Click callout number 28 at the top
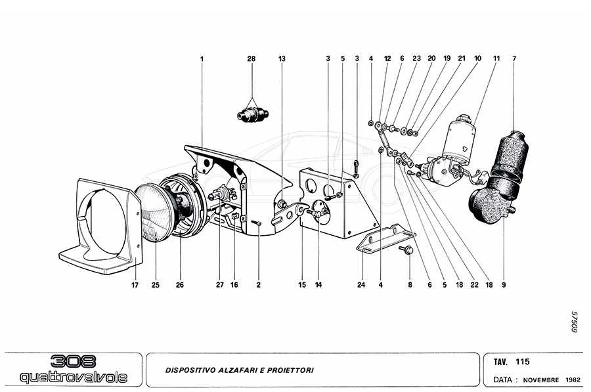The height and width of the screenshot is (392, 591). (251, 58)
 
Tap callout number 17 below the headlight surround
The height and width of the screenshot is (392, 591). (134, 285)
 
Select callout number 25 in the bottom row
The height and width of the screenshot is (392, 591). (156, 285)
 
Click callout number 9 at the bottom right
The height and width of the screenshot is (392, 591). (504, 285)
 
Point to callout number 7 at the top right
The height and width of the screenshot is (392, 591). (514, 58)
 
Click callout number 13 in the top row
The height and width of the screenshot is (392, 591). (282, 58)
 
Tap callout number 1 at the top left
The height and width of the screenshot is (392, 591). (202, 58)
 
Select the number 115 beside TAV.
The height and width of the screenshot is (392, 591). (523, 362)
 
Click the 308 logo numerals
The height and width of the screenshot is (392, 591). (73, 362)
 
